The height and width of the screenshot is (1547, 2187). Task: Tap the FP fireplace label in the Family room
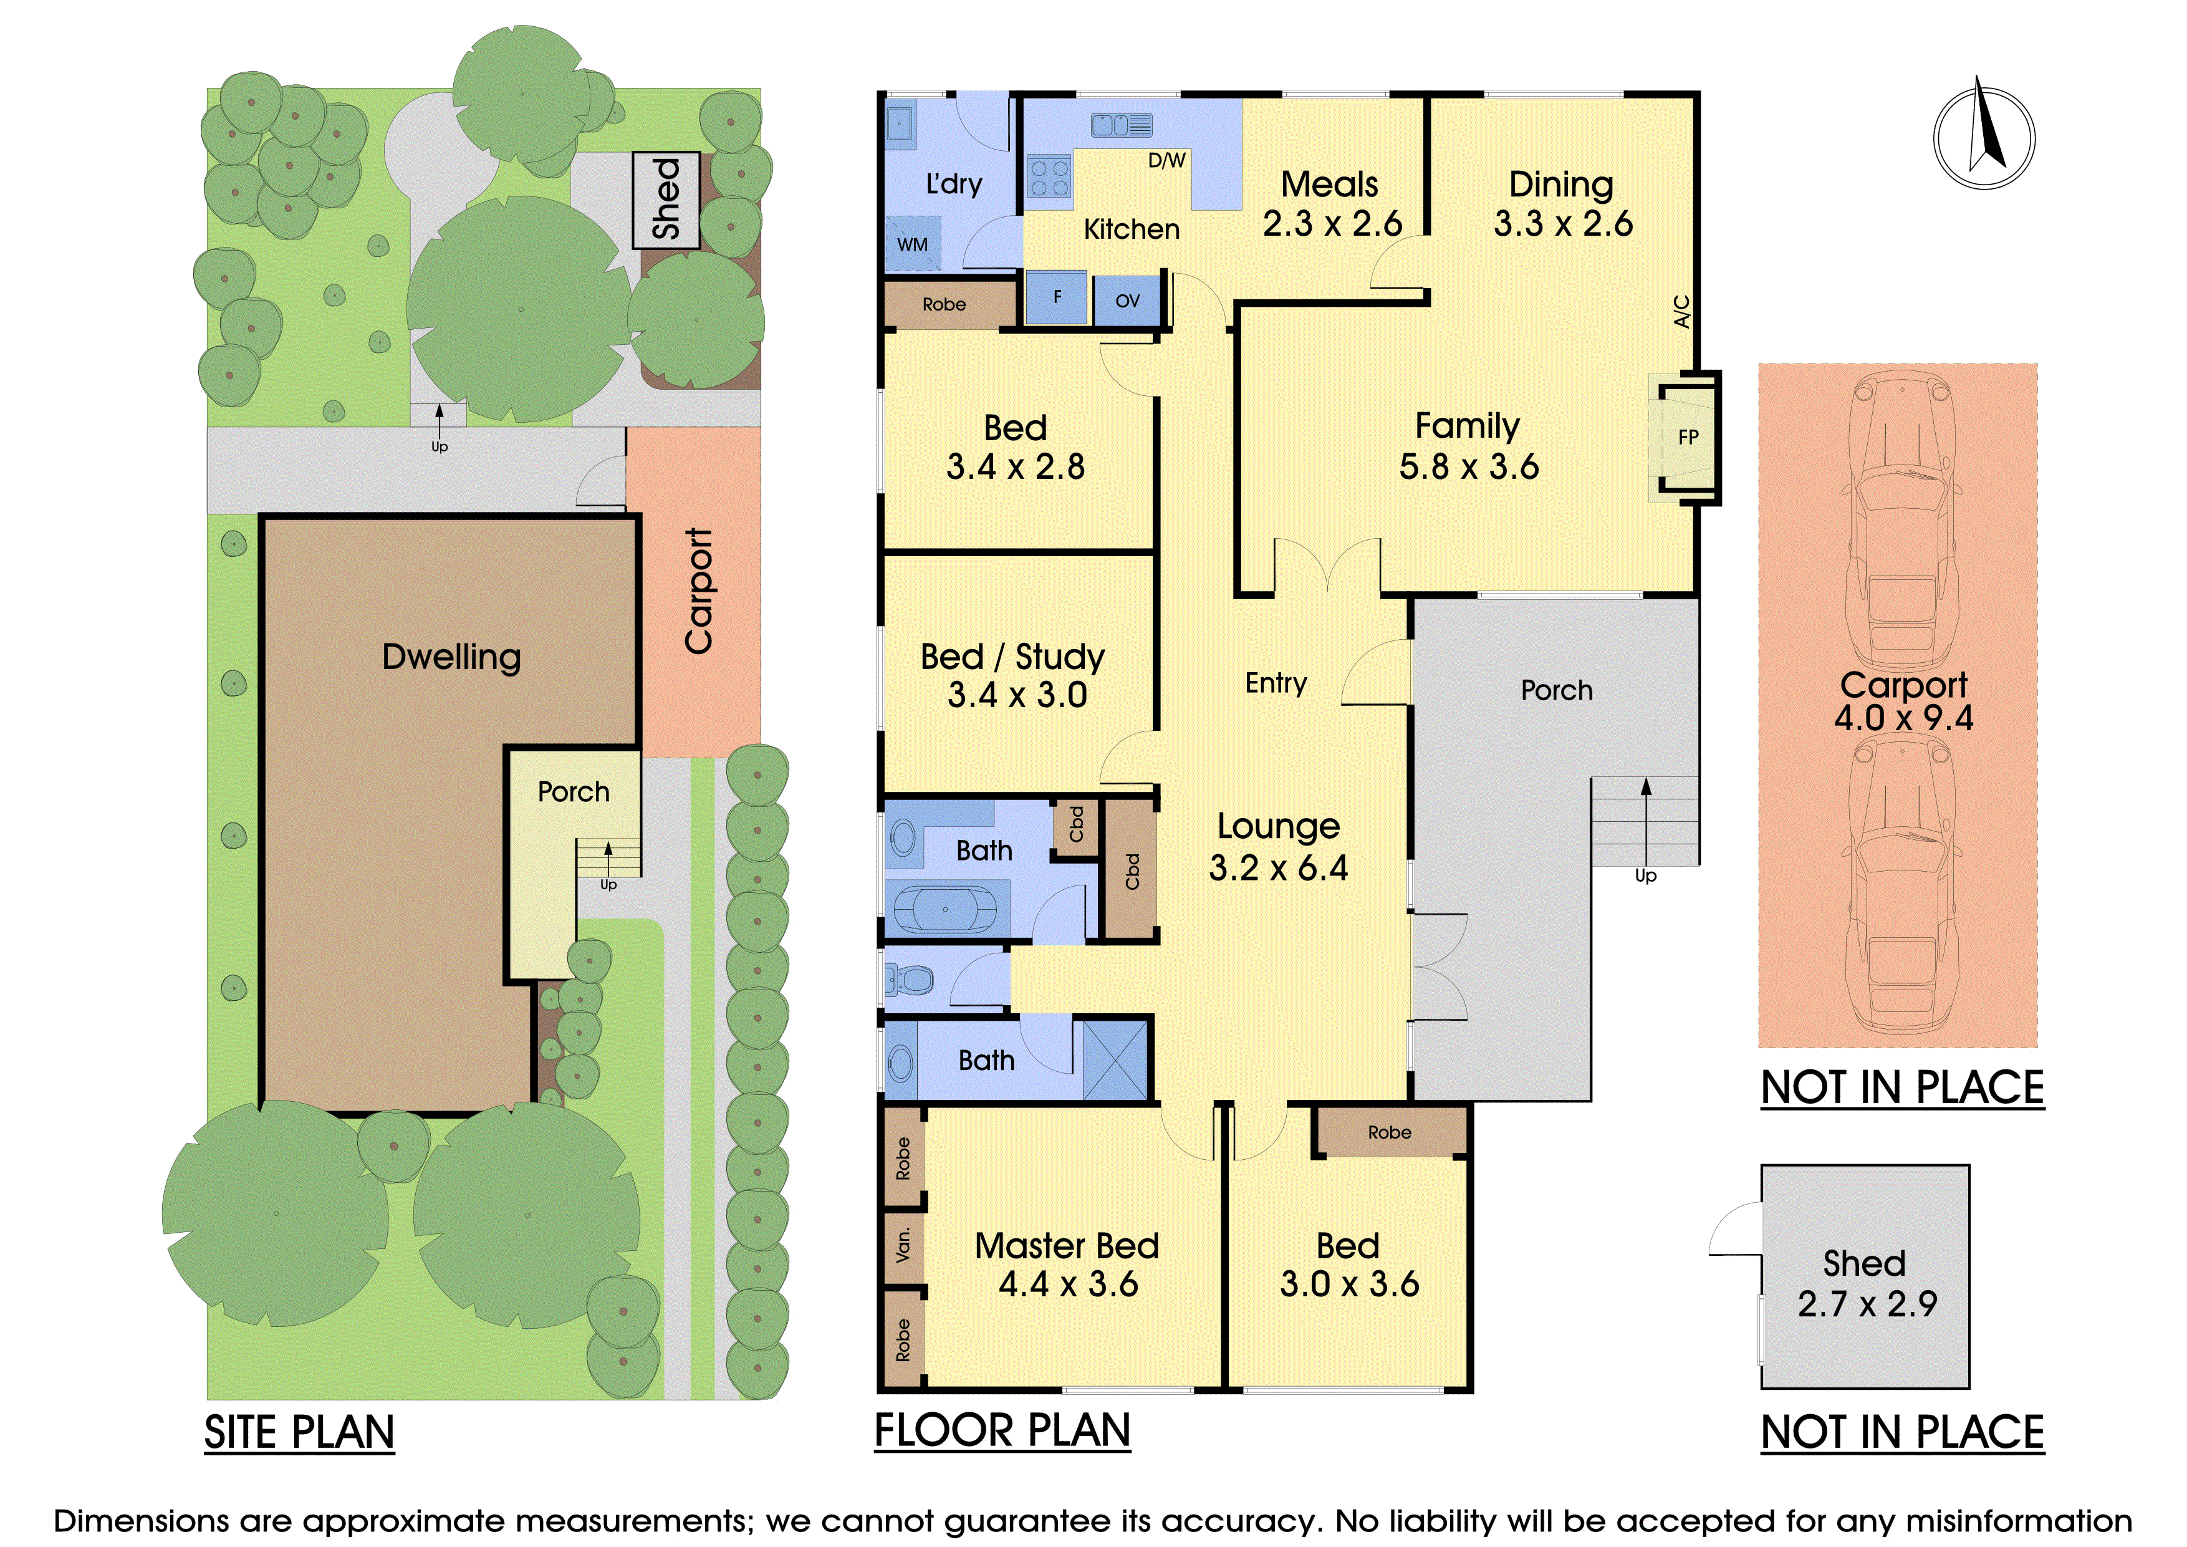pyautogui.click(x=1688, y=437)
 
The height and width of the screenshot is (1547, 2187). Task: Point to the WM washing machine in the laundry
pyautogui.click(x=913, y=244)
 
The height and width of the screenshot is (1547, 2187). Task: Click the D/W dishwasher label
pyautogui.click(x=1167, y=160)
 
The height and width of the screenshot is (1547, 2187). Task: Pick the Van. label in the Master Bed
pyautogui.click(x=903, y=1244)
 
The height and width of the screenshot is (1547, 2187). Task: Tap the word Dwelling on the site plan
pyautogui.click(x=451, y=657)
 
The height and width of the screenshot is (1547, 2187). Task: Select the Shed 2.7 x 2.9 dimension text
pyautogui.click(x=1867, y=1303)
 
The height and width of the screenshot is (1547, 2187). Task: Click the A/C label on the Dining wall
pyautogui.click(x=1682, y=312)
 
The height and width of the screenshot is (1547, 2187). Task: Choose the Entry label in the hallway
pyautogui.click(x=1276, y=683)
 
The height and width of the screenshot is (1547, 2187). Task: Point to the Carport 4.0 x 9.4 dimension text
pyautogui.click(x=1903, y=717)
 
